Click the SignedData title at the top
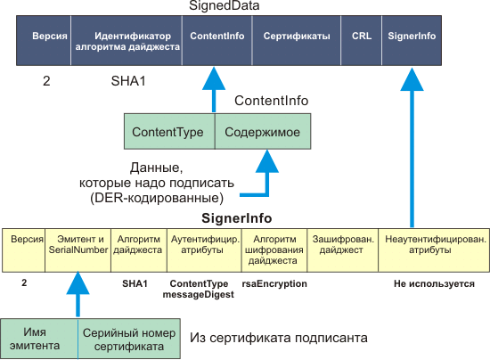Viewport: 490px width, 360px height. tap(224, 5)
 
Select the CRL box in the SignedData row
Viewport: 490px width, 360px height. tap(361, 40)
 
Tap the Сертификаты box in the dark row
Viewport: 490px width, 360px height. tap(297, 40)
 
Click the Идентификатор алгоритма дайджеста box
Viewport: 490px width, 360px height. tap(127, 40)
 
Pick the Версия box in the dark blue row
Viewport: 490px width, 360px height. tap(44, 40)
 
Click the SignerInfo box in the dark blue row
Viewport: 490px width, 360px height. tap(412, 40)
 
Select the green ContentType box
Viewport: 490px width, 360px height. tap(169, 131)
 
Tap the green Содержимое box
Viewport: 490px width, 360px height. tap(263, 131)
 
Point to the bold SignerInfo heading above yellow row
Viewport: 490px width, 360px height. tap(237, 218)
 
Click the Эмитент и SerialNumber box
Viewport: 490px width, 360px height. tap(78, 250)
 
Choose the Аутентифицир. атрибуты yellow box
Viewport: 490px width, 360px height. tap(204, 250)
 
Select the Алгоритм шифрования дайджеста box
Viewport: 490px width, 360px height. tap(274, 250)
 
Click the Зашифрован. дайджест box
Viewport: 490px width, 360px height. tap(343, 250)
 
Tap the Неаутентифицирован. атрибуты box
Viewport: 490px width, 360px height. tap(434, 250)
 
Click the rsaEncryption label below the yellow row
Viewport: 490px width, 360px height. tap(274, 283)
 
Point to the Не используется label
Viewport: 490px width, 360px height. tap(434, 283)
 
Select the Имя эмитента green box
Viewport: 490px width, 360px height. tap(39, 339)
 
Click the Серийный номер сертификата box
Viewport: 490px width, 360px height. tap(129, 339)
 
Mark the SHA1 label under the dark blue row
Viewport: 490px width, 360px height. tap(128, 81)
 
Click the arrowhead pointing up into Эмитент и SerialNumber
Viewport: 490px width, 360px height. tap(78, 282)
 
